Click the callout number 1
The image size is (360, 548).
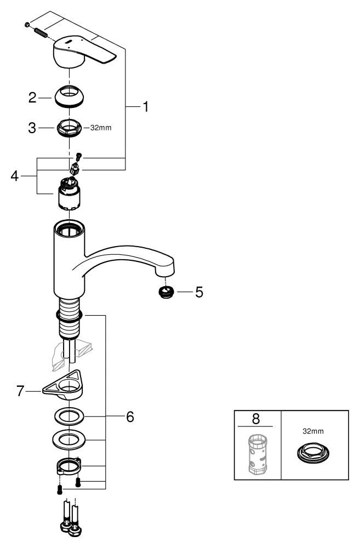click(146, 106)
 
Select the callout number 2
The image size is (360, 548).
click(32, 99)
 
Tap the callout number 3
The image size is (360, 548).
click(32, 128)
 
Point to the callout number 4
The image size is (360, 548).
click(15, 176)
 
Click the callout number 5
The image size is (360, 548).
click(199, 292)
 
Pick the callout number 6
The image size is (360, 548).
click(130, 417)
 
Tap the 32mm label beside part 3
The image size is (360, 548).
click(100, 129)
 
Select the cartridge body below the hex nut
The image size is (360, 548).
click(69, 196)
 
